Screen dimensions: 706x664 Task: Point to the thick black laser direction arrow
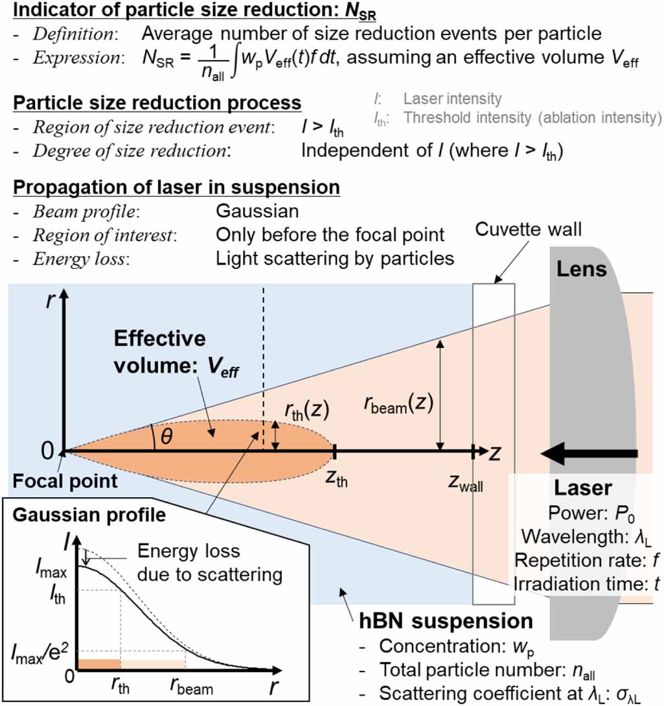click(x=590, y=453)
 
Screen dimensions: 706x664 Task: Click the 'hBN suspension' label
click(x=446, y=620)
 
